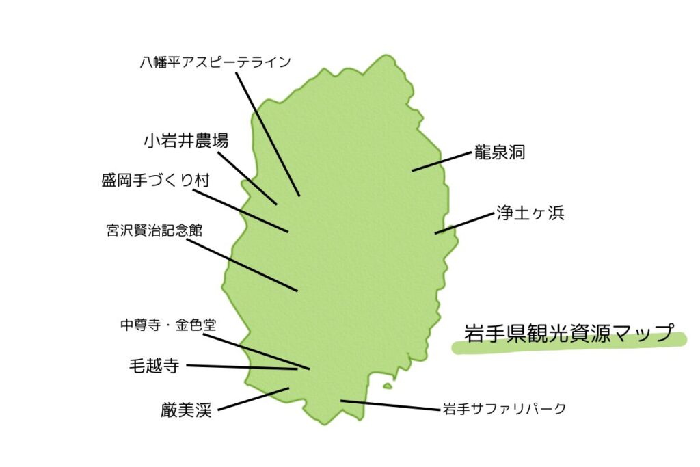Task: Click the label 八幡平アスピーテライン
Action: (215, 62)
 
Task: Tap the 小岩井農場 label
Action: (186, 141)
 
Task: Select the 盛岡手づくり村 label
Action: (155, 181)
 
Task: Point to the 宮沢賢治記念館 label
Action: (154, 230)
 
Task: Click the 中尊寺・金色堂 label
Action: (168, 325)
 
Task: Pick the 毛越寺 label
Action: (154, 366)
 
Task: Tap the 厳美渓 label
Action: (186, 410)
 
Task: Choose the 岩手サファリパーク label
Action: (504, 408)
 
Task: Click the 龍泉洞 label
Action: (499, 152)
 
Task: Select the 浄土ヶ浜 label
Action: (530, 213)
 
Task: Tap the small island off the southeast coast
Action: (388, 386)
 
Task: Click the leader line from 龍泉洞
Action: (442, 161)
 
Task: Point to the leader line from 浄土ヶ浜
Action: (464, 223)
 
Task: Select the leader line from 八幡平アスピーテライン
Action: (268, 135)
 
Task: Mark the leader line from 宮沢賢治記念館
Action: (241, 265)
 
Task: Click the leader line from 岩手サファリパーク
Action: (390, 405)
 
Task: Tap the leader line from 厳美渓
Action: (253, 399)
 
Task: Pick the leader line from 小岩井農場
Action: (247, 178)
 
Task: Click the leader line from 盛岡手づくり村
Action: (241, 211)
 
